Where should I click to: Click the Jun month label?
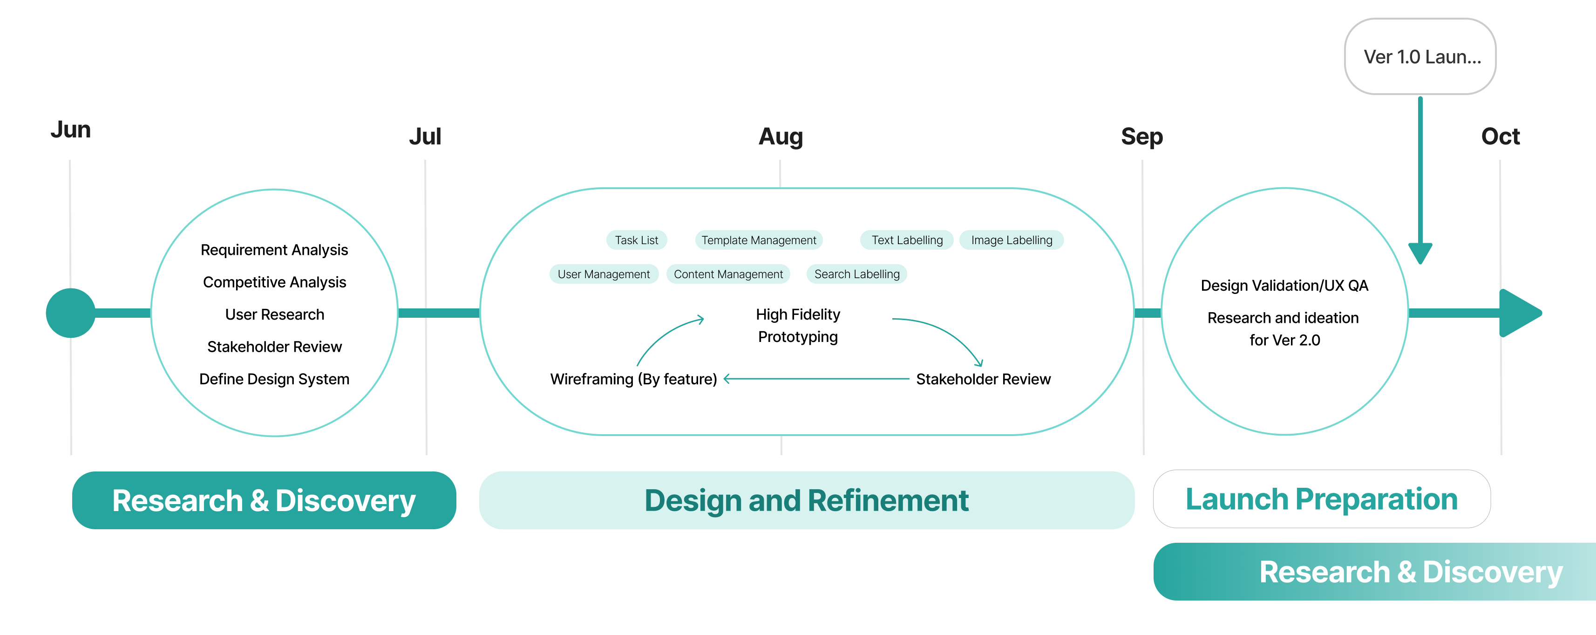click(71, 130)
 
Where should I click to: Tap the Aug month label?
click(781, 137)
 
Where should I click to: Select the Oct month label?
click(1500, 137)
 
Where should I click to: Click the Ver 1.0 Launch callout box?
click(1420, 56)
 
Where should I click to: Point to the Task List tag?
click(636, 240)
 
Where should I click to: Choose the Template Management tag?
click(758, 240)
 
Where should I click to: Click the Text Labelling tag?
click(907, 240)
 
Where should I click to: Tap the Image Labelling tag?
click(1011, 240)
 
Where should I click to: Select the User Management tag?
click(604, 274)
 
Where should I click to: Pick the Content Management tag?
click(728, 274)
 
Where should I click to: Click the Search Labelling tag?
click(857, 274)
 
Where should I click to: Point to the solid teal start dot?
click(71, 313)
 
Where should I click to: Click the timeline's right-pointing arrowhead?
click(1520, 313)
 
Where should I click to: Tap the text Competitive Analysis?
click(274, 282)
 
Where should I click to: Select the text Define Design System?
click(274, 379)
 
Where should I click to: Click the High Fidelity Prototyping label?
click(798, 325)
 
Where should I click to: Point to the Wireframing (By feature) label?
click(633, 379)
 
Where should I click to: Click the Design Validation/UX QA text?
click(1284, 286)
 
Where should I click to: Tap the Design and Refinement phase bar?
click(807, 500)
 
